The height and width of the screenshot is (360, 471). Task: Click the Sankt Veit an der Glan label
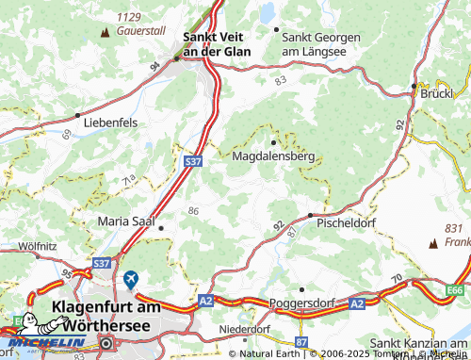coord(217,44)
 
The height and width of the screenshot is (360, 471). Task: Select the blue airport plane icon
coord(130,280)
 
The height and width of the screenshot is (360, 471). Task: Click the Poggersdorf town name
coord(302,303)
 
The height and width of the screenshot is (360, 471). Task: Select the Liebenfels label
coord(109,123)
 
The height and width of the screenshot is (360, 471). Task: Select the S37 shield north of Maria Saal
coord(191,163)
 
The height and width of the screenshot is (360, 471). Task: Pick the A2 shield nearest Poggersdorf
coord(356,303)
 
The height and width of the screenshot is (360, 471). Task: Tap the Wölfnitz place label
coord(34,245)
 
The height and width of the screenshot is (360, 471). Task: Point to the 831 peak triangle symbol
coord(432,243)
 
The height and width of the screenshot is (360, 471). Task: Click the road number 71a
coord(129,176)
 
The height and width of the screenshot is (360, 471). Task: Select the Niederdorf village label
coord(244,329)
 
